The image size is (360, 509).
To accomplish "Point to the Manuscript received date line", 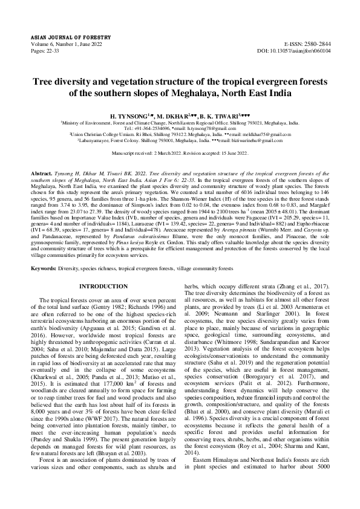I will pyautogui.click(x=180, y=154).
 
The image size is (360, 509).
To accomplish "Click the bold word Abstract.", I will pyautogui.click(x=42, y=172).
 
